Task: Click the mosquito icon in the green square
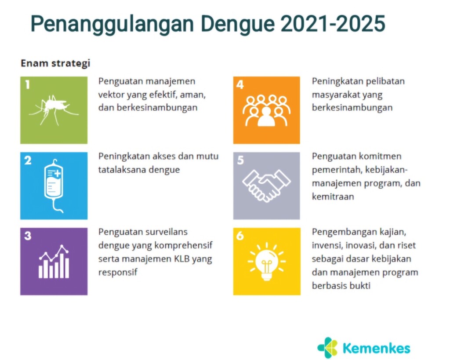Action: pos(54,110)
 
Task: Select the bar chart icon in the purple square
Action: pos(54,262)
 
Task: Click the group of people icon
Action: pos(267,111)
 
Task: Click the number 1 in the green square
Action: pos(27,85)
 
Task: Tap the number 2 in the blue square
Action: pos(28,160)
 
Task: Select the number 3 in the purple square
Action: pos(28,236)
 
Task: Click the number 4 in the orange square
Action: pos(240,85)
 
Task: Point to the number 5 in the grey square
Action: pos(240,160)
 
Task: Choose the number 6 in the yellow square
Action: pos(240,236)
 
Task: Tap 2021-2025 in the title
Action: pos(333,23)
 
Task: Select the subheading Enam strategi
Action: pos(55,63)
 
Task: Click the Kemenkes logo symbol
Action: pos(327,347)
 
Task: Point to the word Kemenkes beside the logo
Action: pos(377,348)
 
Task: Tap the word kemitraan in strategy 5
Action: pos(333,196)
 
